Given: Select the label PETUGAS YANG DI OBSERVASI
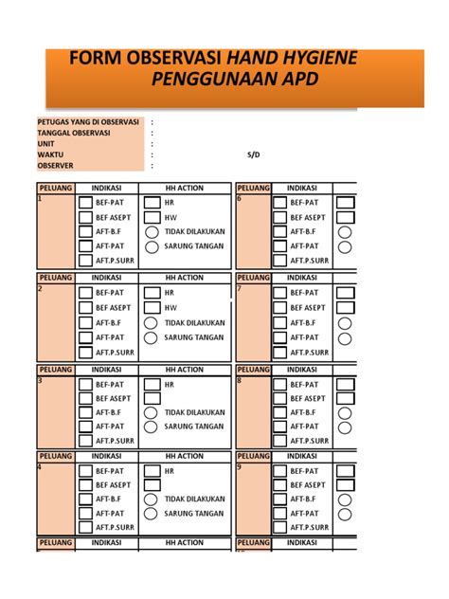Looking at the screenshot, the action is (88, 122).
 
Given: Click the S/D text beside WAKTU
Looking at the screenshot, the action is (253, 154).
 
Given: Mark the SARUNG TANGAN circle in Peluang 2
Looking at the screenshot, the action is (153, 336).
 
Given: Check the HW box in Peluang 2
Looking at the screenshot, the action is (153, 307).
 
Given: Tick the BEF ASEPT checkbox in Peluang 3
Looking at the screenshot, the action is (86, 399).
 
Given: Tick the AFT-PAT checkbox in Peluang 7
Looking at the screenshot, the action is (279, 336).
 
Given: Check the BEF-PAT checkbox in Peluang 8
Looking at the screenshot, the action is (279, 385).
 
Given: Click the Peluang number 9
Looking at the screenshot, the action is (241, 466).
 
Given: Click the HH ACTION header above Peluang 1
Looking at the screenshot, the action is (184, 188).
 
